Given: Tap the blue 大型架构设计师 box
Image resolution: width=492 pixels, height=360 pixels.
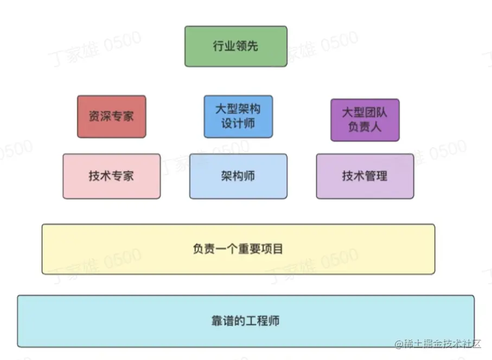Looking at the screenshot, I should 238,117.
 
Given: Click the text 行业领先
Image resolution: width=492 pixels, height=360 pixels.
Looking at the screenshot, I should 235,46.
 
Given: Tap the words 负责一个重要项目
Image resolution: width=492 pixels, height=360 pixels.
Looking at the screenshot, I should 238,249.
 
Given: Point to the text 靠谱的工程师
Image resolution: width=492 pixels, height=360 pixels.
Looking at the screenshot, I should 245,321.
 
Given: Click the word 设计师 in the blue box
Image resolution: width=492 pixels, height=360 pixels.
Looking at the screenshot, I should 238,124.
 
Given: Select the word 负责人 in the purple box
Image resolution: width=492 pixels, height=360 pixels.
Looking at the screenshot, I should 365,128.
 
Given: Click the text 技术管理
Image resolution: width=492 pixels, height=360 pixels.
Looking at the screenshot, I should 365,176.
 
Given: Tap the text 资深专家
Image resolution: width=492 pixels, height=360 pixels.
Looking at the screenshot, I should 111,116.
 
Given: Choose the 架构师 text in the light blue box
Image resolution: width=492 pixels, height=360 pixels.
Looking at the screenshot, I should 238,176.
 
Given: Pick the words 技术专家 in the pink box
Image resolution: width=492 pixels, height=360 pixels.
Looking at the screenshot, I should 111,176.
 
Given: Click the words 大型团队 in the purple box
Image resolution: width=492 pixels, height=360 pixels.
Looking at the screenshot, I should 365,112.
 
